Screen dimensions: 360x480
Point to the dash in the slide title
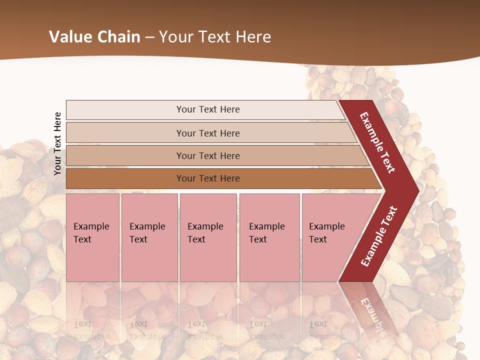[150, 37]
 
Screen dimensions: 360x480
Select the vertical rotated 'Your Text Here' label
[57, 143]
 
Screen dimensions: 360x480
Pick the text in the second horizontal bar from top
[208, 133]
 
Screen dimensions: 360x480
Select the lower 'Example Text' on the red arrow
[379, 236]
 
